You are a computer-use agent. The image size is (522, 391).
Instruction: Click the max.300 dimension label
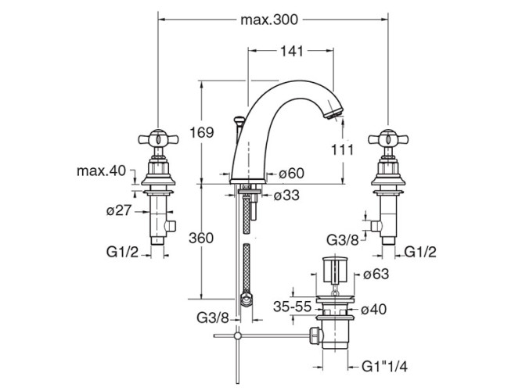click(269, 20)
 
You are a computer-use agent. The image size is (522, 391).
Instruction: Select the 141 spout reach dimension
click(292, 52)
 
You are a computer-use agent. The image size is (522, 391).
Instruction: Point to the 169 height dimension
click(201, 132)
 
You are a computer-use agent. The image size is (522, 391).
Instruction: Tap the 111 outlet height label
click(342, 149)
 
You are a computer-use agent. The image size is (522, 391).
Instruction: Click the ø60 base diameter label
click(291, 174)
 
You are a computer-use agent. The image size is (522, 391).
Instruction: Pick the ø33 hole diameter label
click(286, 195)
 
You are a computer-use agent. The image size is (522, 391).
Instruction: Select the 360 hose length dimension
click(201, 239)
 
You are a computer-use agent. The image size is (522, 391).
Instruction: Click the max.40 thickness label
click(101, 170)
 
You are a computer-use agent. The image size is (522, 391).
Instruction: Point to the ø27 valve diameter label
click(119, 210)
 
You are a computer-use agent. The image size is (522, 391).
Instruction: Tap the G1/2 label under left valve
click(122, 252)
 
